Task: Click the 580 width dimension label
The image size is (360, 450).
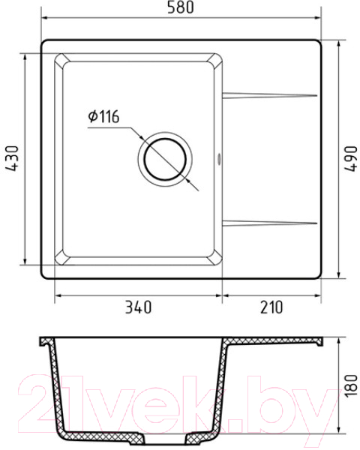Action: [181, 7]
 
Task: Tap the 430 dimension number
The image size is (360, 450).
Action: [12, 159]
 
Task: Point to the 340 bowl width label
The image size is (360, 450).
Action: [138, 307]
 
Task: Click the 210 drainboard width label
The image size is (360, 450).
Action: [271, 307]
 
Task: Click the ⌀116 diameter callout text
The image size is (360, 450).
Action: [103, 116]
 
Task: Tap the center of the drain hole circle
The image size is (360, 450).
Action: [165, 159]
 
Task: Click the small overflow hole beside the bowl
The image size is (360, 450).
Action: [219, 159]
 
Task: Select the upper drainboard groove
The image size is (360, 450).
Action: [270, 95]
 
